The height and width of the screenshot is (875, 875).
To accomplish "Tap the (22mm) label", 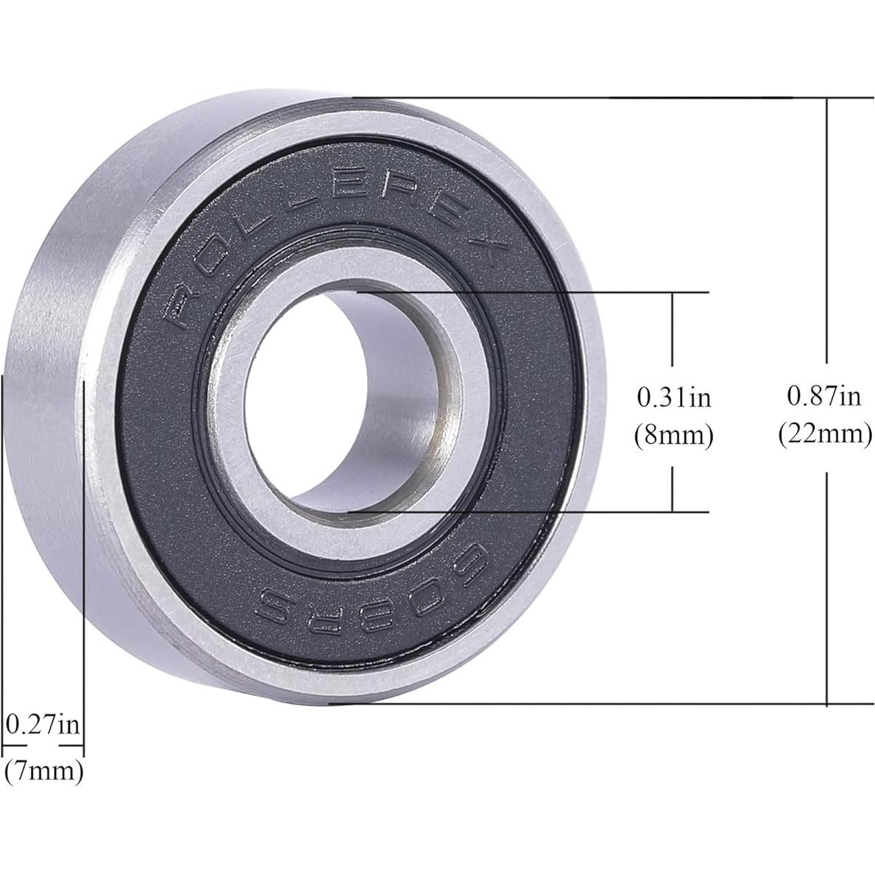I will tap(825, 434).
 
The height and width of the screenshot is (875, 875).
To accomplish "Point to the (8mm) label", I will tap(673, 436).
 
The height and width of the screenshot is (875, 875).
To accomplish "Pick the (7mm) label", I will tap(44, 771).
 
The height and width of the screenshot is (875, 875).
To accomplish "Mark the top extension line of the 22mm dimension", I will tap(589, 97).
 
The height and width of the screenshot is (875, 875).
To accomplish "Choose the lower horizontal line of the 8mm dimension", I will tap(530, 511).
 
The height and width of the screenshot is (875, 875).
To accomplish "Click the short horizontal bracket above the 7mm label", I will tap(43, 745).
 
